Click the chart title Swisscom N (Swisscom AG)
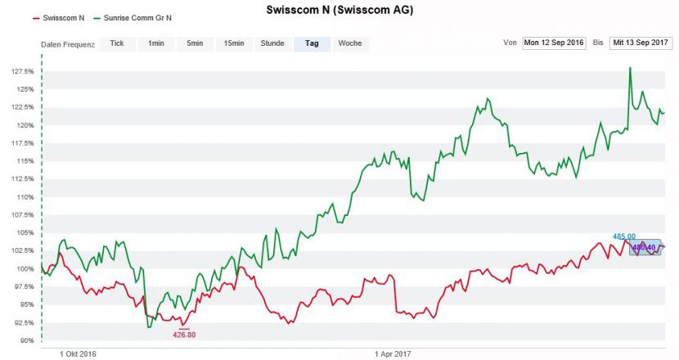click(x=339, y=11)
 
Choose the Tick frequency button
click(x=117, y=43)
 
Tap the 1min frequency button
click(x=155, y=43)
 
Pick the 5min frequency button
click(x=195, y=43)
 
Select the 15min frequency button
click(x=234, y=43)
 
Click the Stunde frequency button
click(x=272, y=43)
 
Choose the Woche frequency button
click(x=350, y=43)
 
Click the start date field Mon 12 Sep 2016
click(x=554, y=43)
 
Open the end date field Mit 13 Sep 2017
click(x=640, y=43)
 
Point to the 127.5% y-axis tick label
click(x=23, y=71)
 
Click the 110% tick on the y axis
click(x=25, y=197)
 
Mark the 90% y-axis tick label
click(x=26, y=340)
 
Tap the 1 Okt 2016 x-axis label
click(x=79, y=354)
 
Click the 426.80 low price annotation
click(x=184, y=334)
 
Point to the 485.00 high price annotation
click(x=624, y=236)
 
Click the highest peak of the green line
click(x=630, y=68)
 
